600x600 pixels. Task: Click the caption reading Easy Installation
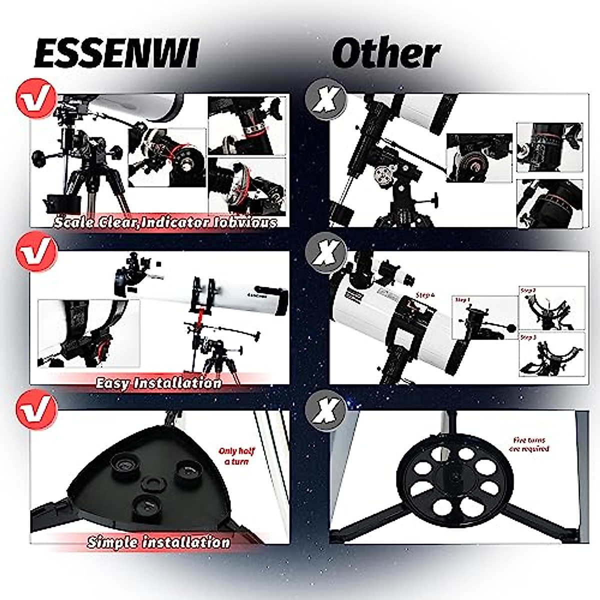(158, 383)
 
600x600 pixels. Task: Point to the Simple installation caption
(158, 542)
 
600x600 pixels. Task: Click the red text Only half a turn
(236, 456)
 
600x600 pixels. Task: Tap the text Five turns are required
(529, 444)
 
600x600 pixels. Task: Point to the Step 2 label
(528, 290)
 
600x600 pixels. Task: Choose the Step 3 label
(528, 337)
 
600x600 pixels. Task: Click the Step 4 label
(425, 295)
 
